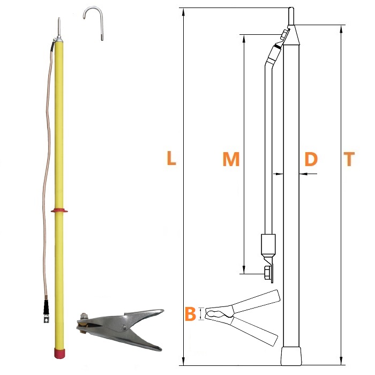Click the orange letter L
[171, 158]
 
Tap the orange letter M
[231, 159]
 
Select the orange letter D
[311, 159]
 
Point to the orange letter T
[349, 159]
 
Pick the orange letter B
[190, 313]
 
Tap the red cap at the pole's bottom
[59, 354]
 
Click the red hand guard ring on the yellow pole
[59, 211]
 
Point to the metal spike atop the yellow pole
[59, 27]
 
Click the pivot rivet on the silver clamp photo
[124, 327]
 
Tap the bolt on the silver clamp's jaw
[83, 316]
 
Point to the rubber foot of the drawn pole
[291, 356]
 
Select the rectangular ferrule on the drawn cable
[268, 244]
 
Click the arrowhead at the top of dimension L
[183, 12]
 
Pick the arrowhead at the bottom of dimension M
[244, 269]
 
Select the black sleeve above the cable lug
[47, 307]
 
